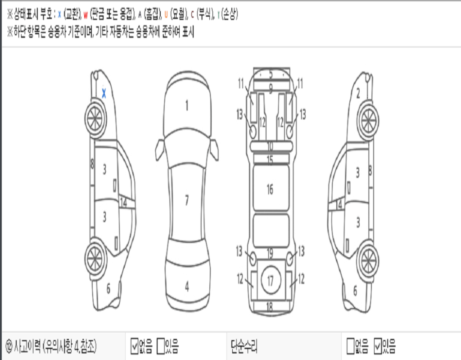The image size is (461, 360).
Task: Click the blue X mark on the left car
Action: [x=104, y=93]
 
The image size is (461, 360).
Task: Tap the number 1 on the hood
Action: [x=186, y=106]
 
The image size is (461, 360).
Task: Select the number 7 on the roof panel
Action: [x=186, y=201]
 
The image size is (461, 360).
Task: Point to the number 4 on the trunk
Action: [x=186, y=287]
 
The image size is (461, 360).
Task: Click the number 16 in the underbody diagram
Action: [x=270, y=189]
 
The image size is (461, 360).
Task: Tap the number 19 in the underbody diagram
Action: [x=270, y=254]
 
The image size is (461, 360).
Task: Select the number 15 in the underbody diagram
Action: [x=270, y=159]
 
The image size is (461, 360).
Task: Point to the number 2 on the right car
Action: [x=358, y=94]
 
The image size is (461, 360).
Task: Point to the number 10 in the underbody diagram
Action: [x=270, y=146]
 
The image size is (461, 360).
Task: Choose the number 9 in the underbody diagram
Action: [x=271, y=88]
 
